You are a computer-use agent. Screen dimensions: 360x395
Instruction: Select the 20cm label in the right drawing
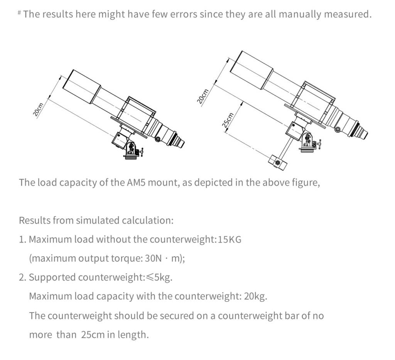coord(203,96)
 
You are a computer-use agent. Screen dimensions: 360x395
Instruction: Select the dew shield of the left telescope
coord(81,87)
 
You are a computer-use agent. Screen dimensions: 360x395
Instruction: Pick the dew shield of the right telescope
coord(252,69)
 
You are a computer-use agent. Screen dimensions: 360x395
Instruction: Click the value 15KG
coord(230,239)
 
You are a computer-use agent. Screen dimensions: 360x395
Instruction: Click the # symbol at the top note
coord(19,13)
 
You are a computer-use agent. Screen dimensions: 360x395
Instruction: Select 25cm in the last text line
coord(93,335)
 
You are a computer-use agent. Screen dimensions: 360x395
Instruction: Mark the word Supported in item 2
coord(53,278)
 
